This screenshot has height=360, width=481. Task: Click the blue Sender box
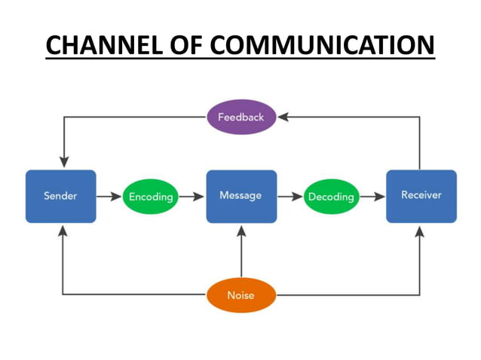coord(60,196)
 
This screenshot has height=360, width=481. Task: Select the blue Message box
coord(241,196)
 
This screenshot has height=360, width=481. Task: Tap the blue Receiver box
coord(421,196)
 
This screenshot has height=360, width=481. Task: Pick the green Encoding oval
coord(151,197)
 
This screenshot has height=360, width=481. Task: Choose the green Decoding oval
coord(331,197)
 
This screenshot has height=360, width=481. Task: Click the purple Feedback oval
coord(241,117)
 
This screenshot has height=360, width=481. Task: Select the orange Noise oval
coord(241,294)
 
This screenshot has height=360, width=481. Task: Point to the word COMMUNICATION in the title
coord(323,45)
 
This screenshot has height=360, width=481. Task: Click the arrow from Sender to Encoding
coord(109,197)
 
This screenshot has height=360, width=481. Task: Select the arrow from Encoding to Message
coord(192,197)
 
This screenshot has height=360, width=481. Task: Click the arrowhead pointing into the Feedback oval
coord(283,117)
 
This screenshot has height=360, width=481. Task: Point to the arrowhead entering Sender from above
coord(64,161)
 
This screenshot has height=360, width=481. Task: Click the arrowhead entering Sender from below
coord(63,231)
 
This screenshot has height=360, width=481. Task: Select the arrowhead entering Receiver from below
coord(420,231)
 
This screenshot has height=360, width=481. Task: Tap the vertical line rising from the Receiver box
coord(420,143)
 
